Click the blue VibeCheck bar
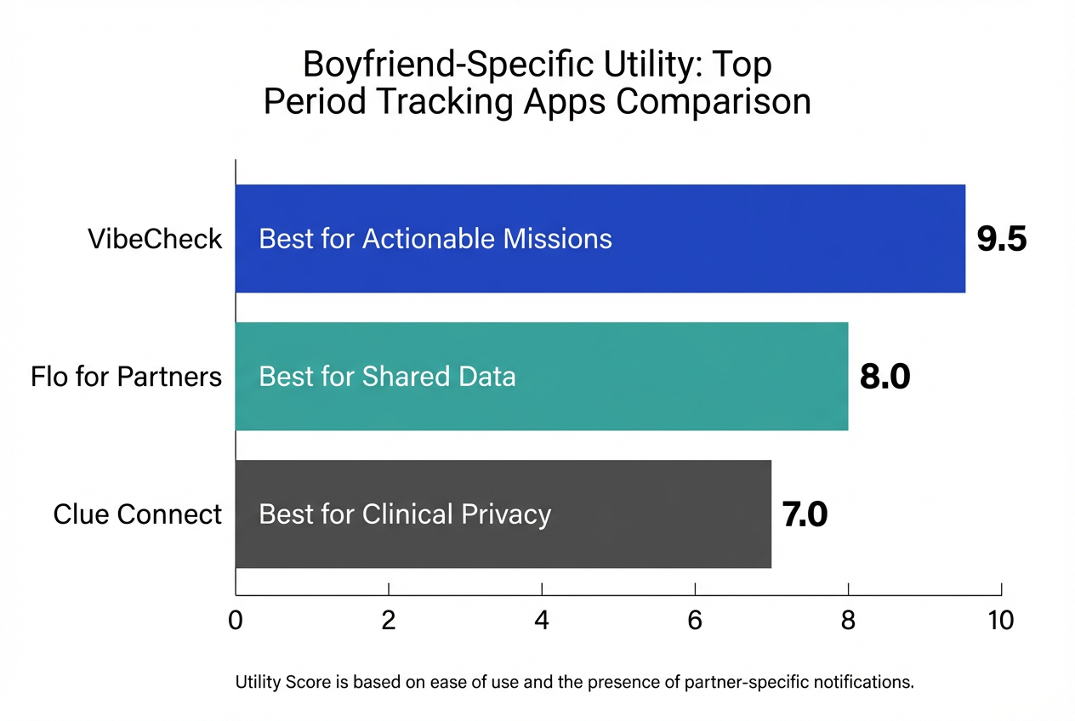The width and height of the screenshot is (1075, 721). click(765, 239)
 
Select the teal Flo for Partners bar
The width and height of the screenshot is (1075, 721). click(680, 377)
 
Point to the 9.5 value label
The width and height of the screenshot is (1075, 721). click(1002, 240)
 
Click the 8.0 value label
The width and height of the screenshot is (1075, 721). click(884, 377)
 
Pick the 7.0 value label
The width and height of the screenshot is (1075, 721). click(804, 515)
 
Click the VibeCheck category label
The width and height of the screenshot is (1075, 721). click(155, 239)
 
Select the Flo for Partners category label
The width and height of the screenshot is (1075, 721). click(126, 377)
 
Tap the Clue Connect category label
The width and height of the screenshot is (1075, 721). click(137, 514)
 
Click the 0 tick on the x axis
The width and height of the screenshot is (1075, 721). click(236, 621)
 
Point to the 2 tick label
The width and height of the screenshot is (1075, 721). click(389, 621)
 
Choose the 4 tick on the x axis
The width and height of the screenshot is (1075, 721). click(542, 621)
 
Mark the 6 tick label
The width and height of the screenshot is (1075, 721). click(695, 621)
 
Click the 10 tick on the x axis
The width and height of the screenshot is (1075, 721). click(1001, 621)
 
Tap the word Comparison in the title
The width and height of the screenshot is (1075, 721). click(713, 101)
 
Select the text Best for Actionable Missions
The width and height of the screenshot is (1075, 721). click(435, 239)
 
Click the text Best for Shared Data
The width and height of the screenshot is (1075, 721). click(387, 377)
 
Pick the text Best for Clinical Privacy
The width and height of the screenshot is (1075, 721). click(405, 514)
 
